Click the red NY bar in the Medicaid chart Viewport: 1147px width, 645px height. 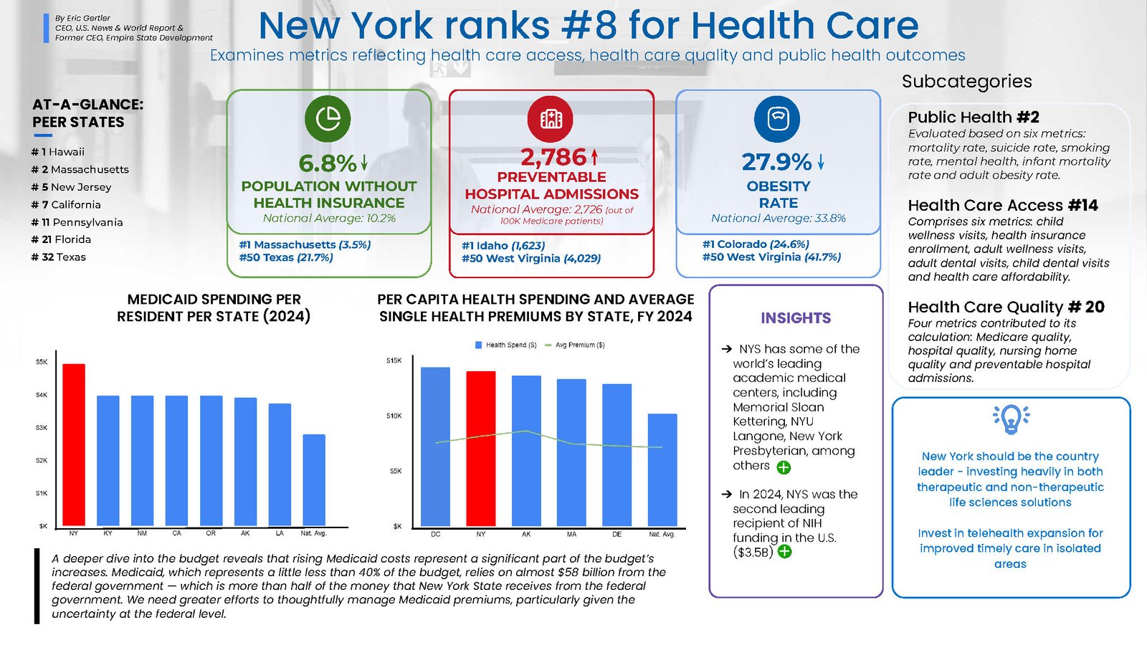tap(74, 444)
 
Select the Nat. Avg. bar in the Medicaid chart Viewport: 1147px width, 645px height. tap(314, 479)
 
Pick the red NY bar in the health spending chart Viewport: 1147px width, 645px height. tap(481, 449)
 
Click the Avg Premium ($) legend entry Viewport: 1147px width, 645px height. tap(576, 345)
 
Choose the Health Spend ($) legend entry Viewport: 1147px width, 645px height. tap(506, 345)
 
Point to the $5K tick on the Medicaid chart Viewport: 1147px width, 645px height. tap(42, 362)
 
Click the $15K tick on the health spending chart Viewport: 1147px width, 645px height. tap(394, 360)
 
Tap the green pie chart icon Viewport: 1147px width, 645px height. tap(328, 118)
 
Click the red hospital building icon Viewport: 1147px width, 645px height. tap(551, 118)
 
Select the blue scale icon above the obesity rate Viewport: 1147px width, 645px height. tap(777, 118)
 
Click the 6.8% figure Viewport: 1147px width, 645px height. tap(328, 163)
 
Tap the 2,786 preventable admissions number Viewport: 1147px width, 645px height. tap(553, 157)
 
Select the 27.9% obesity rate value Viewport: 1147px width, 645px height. tap(777, 162)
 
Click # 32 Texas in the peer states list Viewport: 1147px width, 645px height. tap(59, 257)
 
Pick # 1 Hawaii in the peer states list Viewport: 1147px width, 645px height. tap(58, 152)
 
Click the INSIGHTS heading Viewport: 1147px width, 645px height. tap(796, 318)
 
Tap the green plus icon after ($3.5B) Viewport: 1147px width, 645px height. tap(785, 552)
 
